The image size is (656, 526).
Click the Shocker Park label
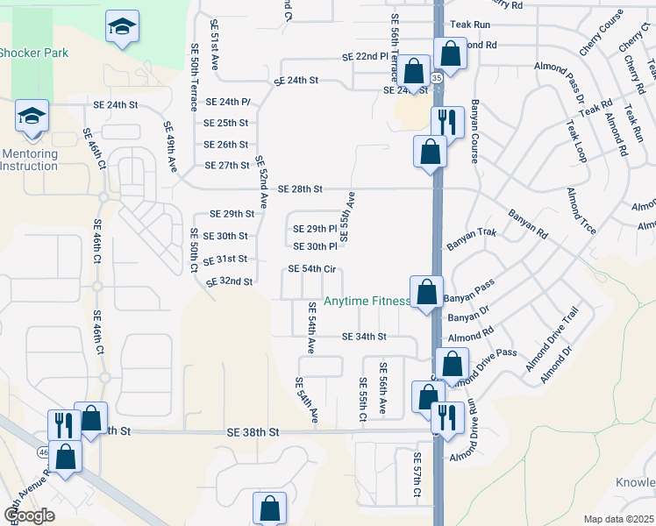pyautogui.click(x=33, y=53)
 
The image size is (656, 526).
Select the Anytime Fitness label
pyautogui.click(x=367, y=302)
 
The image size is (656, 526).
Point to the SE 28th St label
pyautogui.click(x=301, y=189)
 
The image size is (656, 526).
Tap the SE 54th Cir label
pyautogui.click(x=310, y=269)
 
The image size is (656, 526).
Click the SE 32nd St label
pyautogui.click(x=230, y=282)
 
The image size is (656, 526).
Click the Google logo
pyautogui.click(x=30, y=515)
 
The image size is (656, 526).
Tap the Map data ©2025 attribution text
pyautogui.click(x=618, y=519)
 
